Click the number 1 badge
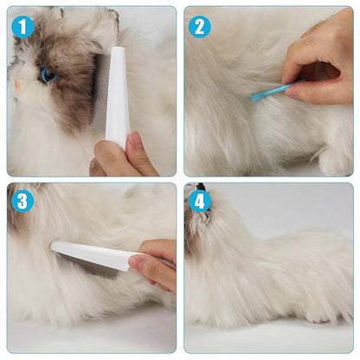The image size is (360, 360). [x=22, y=27]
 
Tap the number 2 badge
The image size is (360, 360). [x=200, y=27]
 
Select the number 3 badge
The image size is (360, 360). [x=22, y=202]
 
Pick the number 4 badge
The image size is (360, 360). [x=200, y=202]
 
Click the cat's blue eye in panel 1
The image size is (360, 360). [x=47, y=75]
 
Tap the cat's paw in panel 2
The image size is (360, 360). [x=333, y=160]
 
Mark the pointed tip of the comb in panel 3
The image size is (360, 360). [x=53, y=246]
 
